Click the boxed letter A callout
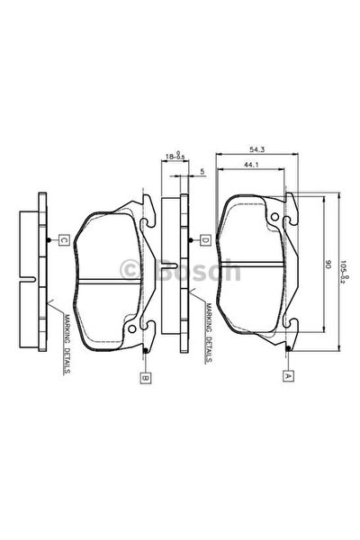tap(288, 375)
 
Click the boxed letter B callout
tap(146, 378)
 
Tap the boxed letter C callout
tap(63, 240)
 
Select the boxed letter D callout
tap(205, 240)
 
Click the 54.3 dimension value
tap(257, 149)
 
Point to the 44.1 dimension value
tap(251, 165)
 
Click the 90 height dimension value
tap(328, 265)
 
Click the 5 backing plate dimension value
tap(202, 171)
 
